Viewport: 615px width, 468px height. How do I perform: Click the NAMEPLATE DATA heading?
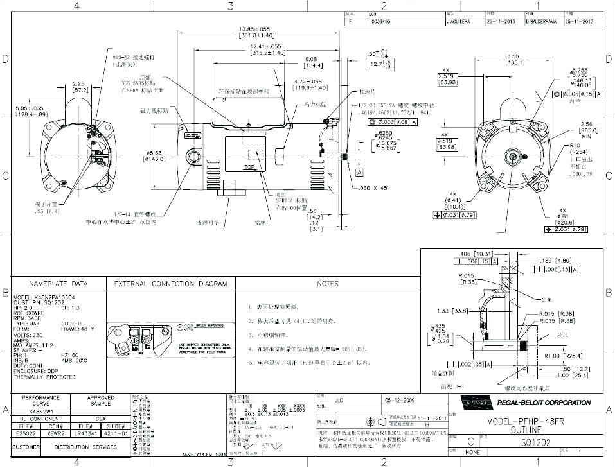pyautogui.click(x=58, y=283)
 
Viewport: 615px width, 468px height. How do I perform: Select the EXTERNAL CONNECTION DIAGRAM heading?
pyautogui.click(x=170, y=283)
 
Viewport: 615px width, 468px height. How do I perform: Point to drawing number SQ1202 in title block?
pyautogui.click(x=533, y=442)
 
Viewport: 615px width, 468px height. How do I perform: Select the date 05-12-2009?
pyautogui.click(x=400, y=399)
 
